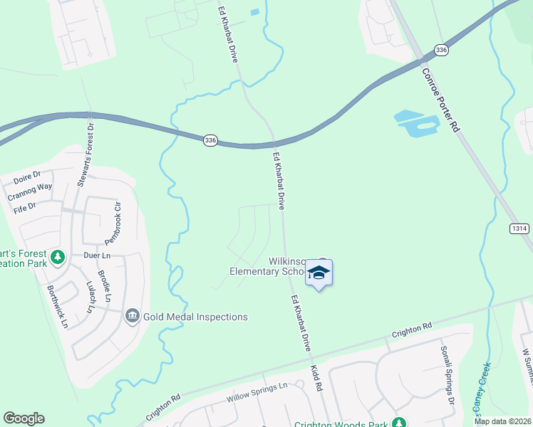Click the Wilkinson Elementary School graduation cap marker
(x=319, y=273)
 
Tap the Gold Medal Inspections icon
(x=132, y=316)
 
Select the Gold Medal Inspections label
(x=195, y=317)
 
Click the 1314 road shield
(x=519, y=228)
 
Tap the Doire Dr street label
(x=28, y=174)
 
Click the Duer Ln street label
(x=96, y=255)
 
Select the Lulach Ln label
(x=90, y=297)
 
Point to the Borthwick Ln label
(x=56, y=306)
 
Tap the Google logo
(x=24, y=418)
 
